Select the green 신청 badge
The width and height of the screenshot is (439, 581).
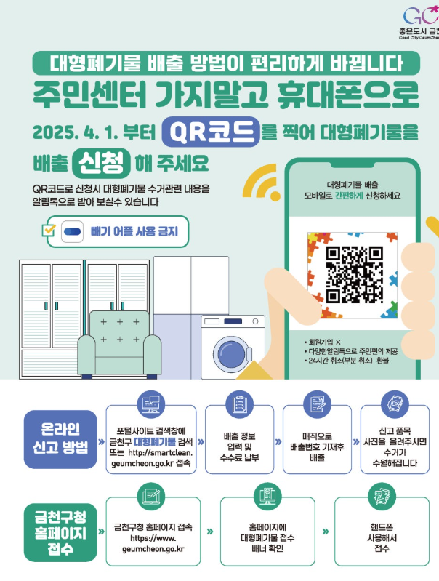pos(102,160)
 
